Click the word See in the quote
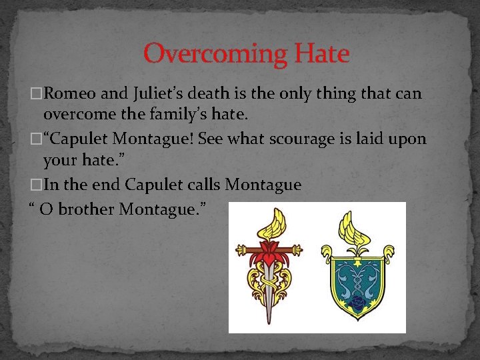pyautogui.click(x=210, y=139)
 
